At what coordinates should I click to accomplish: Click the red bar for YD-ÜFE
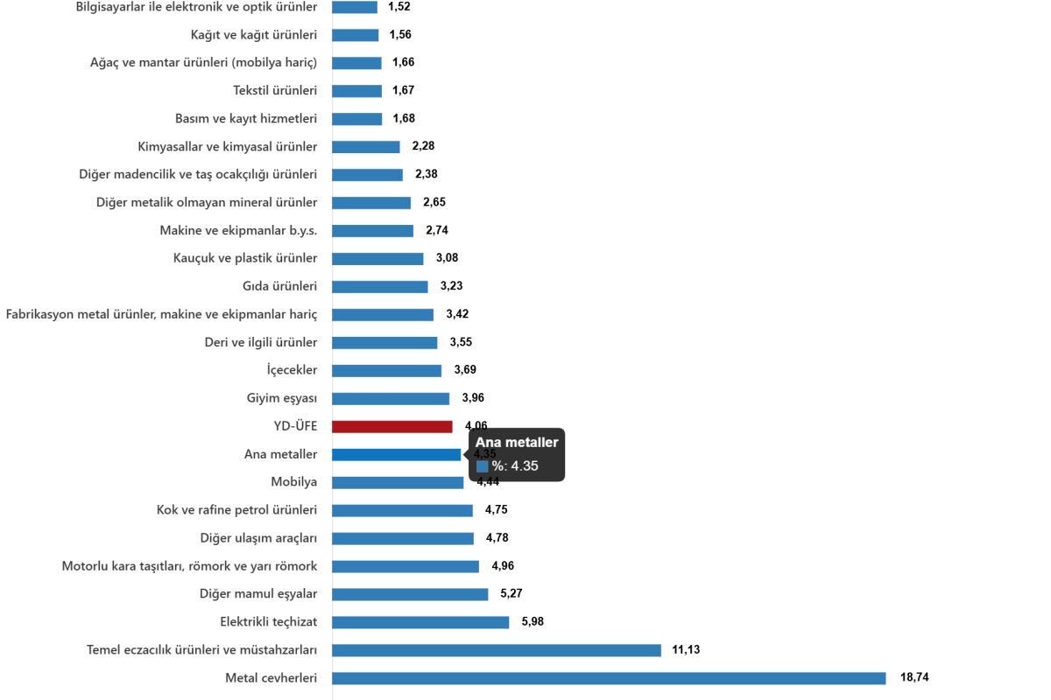[x=392, y=426]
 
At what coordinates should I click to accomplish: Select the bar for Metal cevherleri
[x=610, y=678]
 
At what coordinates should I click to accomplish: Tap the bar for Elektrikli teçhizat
[x=421, y=622]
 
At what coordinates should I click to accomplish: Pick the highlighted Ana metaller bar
[x=397, y=454]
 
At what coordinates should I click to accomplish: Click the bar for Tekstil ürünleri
[x=357, y=91]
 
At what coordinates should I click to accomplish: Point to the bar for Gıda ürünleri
[x=380, y=287]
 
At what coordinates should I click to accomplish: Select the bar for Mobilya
[x=399, y=482]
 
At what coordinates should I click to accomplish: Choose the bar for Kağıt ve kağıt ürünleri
[x=356, y=35]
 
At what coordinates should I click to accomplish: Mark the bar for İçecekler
[x=387, y=370]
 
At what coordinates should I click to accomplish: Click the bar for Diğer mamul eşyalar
[x=411, y=594]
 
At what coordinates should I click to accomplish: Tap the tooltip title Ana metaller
[x=517, y=443]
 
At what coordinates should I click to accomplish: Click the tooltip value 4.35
[x=525, y=466]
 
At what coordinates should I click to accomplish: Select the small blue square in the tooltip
[x=482, y=466]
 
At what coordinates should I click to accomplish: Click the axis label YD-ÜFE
[x=295, y=426]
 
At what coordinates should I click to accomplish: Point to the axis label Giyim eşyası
[x=281, y=398]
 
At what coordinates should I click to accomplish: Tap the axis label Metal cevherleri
[x=271, y=678]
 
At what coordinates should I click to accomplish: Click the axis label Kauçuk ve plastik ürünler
[x=245, y=258]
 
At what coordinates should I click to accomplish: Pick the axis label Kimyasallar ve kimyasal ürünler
[x=228, y=146]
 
